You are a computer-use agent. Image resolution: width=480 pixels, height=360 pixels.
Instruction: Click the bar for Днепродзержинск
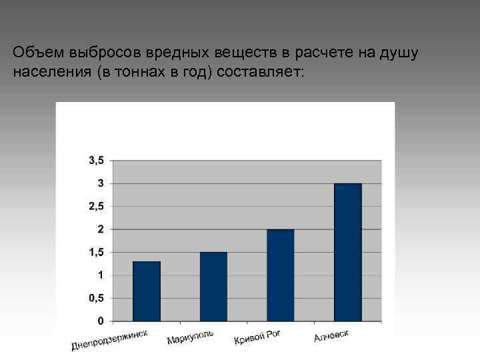click(147, 291)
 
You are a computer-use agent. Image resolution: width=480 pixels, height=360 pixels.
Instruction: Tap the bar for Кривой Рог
click(280, 275)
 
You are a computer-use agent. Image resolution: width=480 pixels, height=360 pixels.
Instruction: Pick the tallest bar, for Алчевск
click(347, 252)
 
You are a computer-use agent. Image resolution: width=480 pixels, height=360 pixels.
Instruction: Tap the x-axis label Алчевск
click(331, 335)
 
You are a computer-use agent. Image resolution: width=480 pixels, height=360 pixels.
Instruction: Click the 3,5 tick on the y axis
click(96, 160)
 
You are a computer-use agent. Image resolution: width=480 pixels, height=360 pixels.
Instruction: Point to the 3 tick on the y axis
click(100, 183)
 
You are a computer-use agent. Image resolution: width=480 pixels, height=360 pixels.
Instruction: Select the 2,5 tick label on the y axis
click(96, 206)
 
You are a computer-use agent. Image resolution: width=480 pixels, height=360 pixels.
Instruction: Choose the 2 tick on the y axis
click(100, 229)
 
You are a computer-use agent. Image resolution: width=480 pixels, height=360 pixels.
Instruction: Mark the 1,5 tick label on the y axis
click(96, 252)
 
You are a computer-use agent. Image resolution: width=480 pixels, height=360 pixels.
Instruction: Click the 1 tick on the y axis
click(100, 275)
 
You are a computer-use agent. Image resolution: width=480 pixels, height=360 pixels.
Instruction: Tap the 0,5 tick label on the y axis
click(96, 298)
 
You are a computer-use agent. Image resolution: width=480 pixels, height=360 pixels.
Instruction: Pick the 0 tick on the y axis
click(100, 321)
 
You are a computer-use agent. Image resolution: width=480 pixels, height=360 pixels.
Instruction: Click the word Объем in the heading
click(34, 52)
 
